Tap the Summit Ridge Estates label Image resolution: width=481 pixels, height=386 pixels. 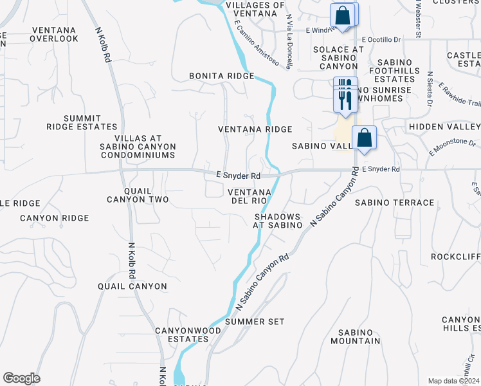click(82, 122)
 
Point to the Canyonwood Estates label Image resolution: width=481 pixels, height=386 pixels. click(188, 334)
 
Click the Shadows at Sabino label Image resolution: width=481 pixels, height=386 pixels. click(278, 221)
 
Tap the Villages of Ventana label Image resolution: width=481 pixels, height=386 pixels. click(255, 10)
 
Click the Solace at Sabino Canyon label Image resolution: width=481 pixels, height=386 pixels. click(338, 58)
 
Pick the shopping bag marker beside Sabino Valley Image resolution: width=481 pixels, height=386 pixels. click(364, 139)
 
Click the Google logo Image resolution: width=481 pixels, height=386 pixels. click(21, 378)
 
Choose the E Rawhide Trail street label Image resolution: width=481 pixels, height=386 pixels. click(459, 95)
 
